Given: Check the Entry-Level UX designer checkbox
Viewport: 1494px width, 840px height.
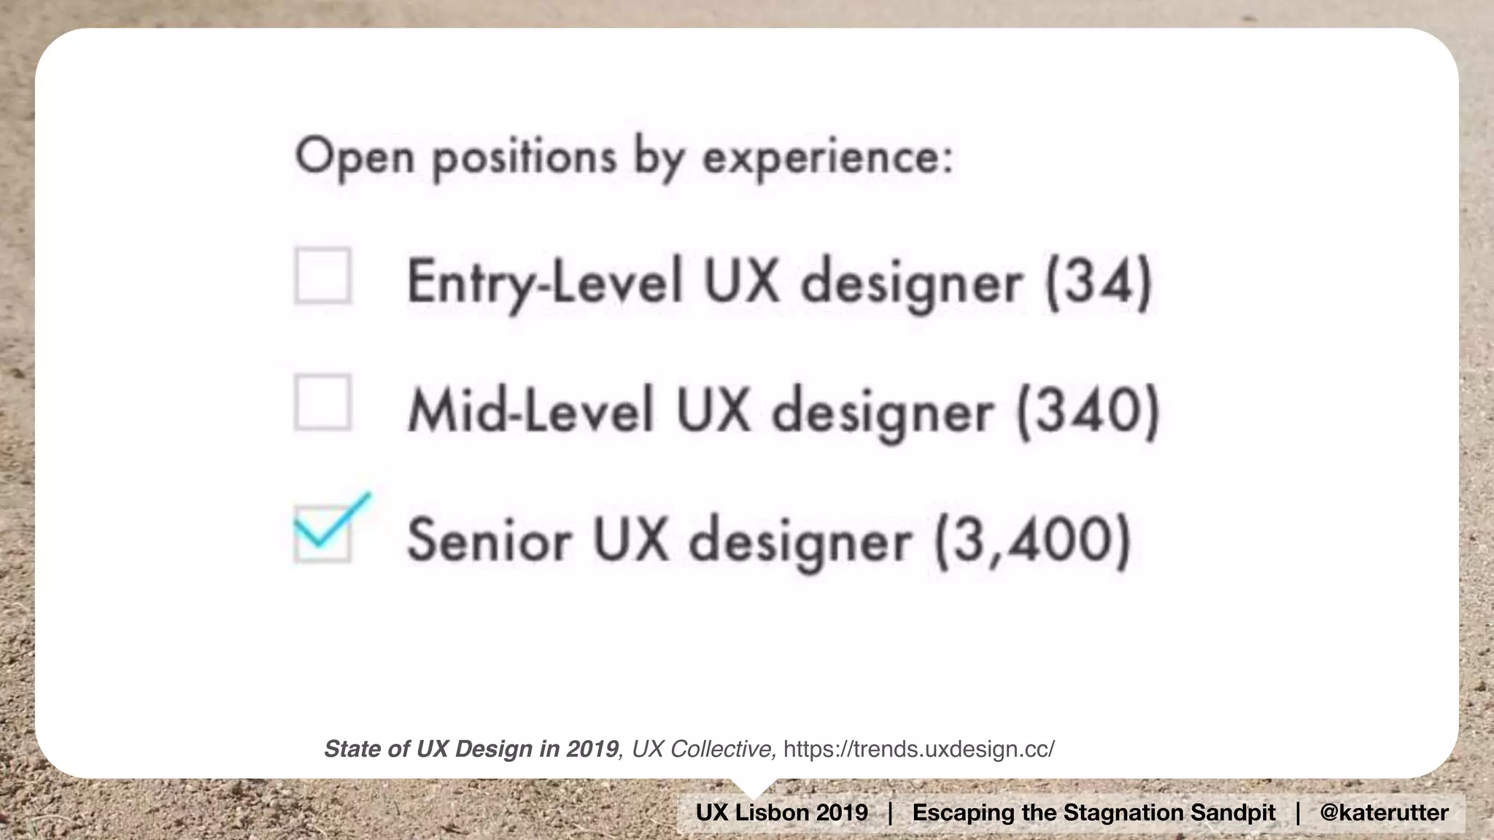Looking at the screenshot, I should [x=322, y=276].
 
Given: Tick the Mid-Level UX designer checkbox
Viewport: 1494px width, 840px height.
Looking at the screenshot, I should [x=322, y=402].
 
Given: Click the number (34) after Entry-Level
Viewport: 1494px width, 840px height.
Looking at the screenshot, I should [x=1099, y=281].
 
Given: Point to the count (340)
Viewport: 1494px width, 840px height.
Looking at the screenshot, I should [x=1088, y=411].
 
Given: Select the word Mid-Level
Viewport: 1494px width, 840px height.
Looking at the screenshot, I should [x=530, y=411].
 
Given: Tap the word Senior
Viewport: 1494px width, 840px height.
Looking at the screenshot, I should [x=489, y=540].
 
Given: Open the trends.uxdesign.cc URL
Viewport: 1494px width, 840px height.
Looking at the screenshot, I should [x=918, y=749].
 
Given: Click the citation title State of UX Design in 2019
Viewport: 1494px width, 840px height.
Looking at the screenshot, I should [x=471, y=749].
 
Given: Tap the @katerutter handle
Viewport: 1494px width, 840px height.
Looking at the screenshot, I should [x=1384, y=812].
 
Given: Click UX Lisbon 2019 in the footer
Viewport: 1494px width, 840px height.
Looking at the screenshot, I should [x=782, y=812].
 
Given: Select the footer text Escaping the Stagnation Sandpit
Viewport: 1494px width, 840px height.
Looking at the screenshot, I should [x=1094, y=812].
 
